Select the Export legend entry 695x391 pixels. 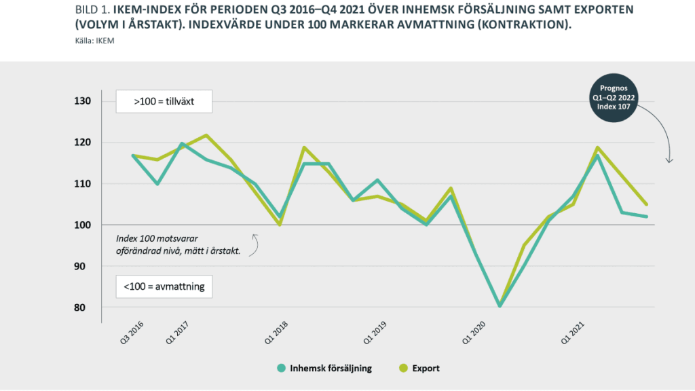tap(419, 368)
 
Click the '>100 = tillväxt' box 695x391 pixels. tap(164, 101)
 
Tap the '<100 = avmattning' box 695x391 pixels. tap(164, 286)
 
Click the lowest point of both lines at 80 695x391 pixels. tap(500, 305)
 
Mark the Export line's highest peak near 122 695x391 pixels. tap(206, 135)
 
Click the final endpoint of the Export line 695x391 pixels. tap(646, 204)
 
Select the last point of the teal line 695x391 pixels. tap(646, 217)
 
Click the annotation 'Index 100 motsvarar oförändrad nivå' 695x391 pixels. tap(178, 245)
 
